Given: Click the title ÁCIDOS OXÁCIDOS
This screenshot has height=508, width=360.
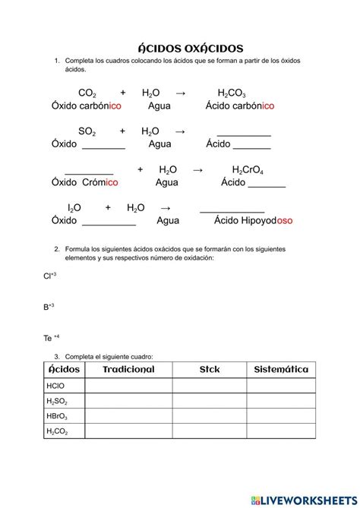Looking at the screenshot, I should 180,48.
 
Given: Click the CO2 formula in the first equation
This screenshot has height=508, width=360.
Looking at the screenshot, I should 87,93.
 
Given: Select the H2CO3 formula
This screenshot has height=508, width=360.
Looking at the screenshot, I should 231,93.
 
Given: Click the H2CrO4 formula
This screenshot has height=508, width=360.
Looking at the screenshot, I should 248,170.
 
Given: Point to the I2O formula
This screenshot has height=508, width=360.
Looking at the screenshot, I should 74,208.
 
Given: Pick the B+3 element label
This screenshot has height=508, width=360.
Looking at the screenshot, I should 49,307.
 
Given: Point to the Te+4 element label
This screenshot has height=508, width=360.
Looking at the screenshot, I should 52,338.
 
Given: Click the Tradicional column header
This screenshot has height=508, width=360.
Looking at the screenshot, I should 128,370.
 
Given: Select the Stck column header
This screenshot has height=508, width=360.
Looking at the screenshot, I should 209,370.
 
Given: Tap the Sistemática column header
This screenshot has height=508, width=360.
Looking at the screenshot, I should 281,370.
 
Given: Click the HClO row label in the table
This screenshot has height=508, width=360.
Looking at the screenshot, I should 55,386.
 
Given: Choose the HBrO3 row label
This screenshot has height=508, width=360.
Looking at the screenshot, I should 57,417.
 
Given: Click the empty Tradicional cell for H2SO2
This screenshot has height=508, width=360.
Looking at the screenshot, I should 128,401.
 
